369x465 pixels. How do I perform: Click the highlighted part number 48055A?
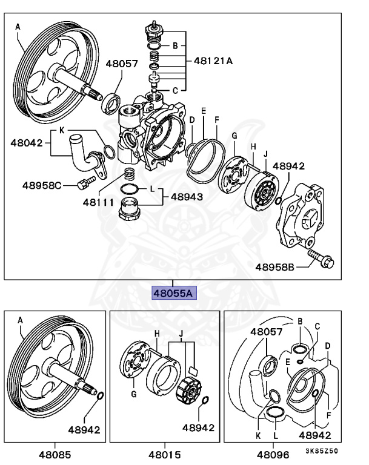[173, 294]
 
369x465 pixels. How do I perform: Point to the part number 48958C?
[42, 185]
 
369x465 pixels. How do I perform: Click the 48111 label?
[98, 202]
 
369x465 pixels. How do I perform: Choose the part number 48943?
[186, 197]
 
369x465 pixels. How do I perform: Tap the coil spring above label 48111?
[129, 176]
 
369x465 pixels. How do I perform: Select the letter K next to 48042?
[61, 131]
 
